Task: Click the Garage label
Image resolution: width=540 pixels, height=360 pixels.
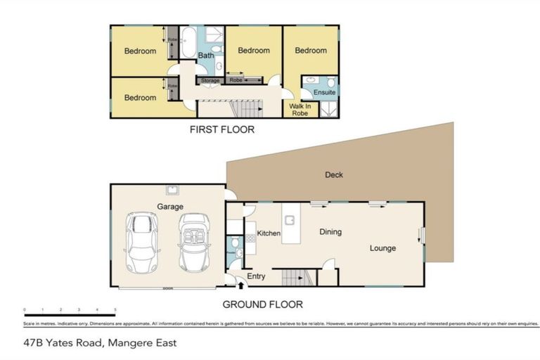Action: click(170, 207)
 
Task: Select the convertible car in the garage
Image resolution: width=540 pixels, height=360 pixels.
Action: click(194, 243)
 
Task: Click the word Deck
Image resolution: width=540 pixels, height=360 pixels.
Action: click(334, 175)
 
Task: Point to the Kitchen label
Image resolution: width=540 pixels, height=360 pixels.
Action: click(269, 233)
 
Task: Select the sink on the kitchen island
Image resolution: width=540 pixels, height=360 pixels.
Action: click(288, 215)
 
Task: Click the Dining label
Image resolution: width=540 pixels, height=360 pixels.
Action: click(330, 231)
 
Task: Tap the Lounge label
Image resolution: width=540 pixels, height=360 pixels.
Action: click(383, 248)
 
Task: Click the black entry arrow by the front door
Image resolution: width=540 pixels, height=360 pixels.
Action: click(241, 285)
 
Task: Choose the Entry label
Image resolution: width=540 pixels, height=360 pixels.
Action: click(257, 276)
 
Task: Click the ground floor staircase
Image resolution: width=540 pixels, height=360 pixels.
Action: click(295, 278)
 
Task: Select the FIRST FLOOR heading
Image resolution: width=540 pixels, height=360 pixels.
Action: click(222, 129)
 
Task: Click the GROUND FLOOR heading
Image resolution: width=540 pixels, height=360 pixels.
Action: click(262, 304)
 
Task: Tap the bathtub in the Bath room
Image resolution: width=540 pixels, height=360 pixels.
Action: click(188, 43)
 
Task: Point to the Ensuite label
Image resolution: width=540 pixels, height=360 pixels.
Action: click(324, 92)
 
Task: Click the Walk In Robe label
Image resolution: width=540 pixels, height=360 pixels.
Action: click(300, 109)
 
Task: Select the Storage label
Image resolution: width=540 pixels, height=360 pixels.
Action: click(210, 81)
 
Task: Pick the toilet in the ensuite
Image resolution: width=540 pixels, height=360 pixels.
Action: click(310, 81)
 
